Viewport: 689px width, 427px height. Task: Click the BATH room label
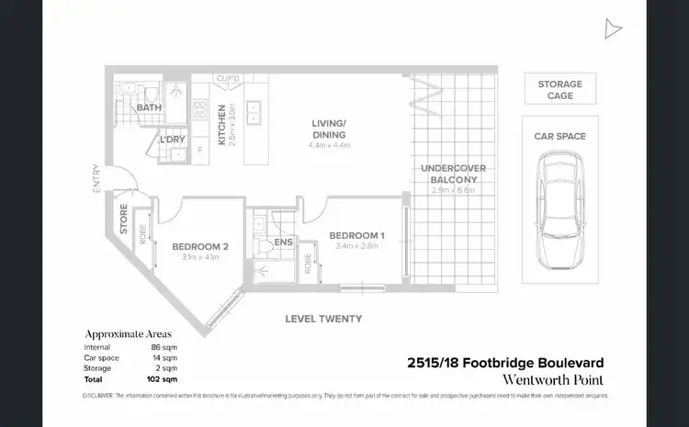coord(149,108)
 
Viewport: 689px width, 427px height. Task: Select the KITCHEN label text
coord(221,124)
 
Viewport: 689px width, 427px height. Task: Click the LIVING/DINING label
coord(328,129)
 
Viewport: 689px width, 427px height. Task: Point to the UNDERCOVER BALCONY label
coord(453,174)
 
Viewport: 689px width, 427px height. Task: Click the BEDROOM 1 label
coord(356,235)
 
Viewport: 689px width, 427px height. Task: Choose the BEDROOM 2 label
coord(198,246)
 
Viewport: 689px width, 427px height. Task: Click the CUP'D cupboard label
coord(229,78)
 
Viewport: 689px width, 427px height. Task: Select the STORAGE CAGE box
coord(559,89)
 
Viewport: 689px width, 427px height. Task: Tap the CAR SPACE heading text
coord(559,137)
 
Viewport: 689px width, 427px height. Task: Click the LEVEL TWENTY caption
coord(323,319)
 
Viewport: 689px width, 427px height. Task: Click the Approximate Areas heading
coord(128,334)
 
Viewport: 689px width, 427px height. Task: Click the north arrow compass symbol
coord(613,29)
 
